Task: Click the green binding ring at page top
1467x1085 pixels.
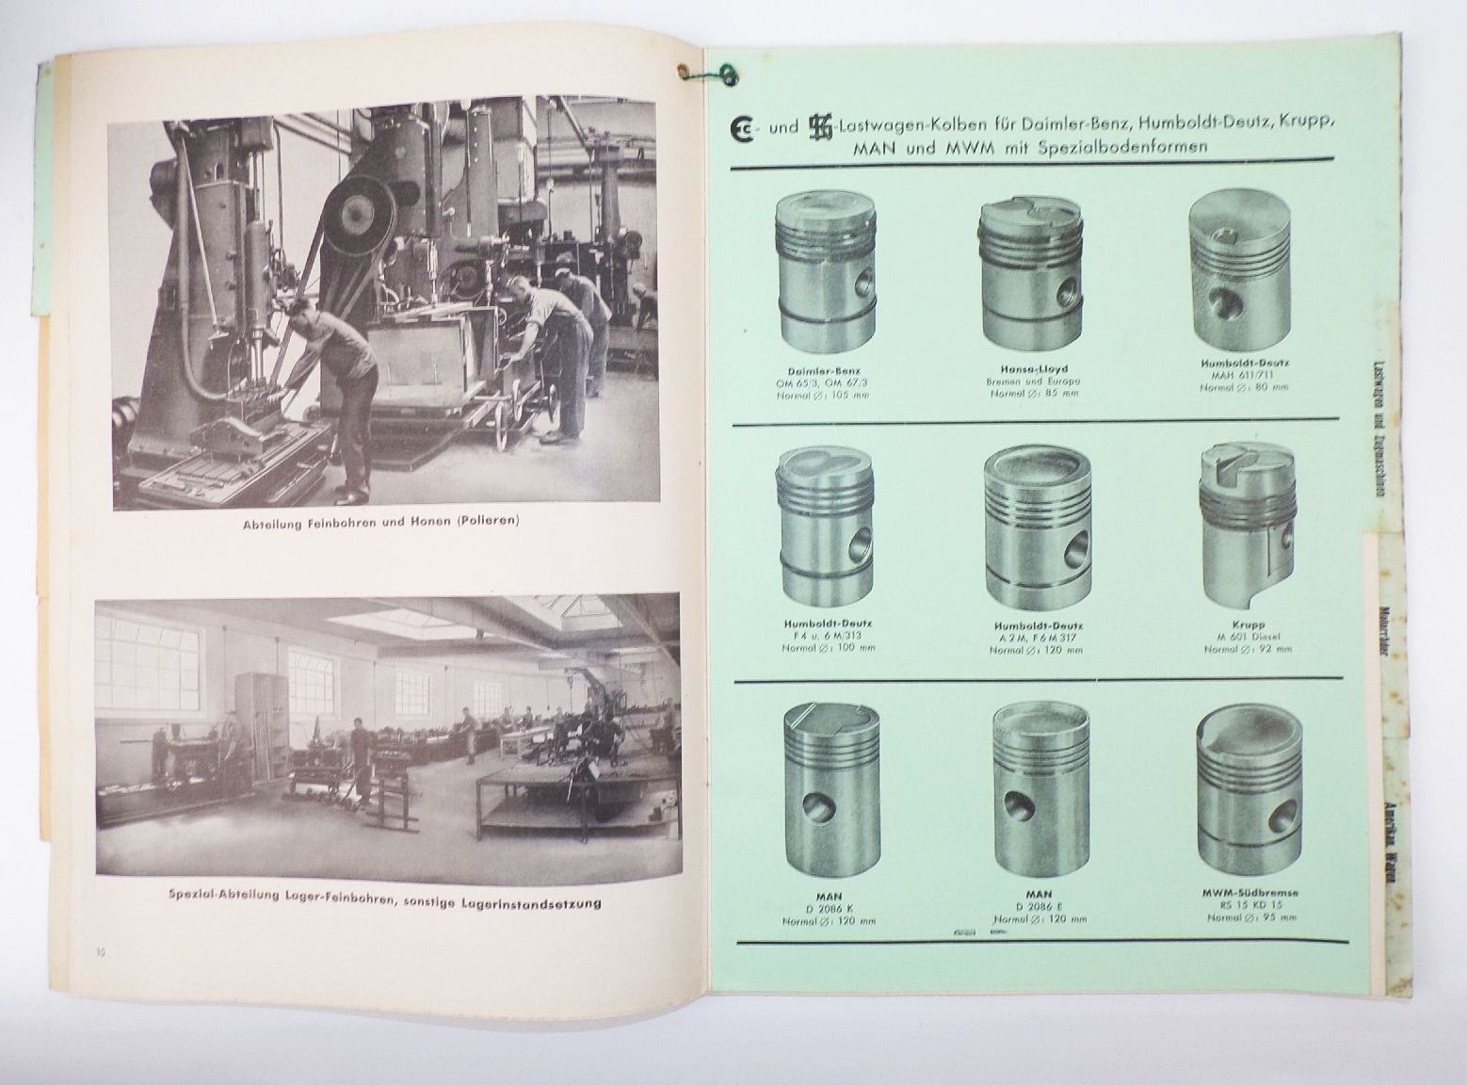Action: coord(727,72)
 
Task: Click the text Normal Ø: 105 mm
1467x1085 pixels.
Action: coord(825,395)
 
